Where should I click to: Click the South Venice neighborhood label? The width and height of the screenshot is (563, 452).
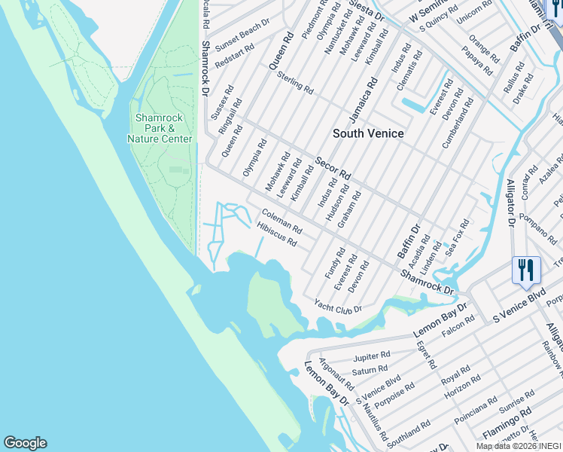(369, 133)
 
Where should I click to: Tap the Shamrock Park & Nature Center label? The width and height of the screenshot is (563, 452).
(160, 128)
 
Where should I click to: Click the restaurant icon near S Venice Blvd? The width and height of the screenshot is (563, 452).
(526, 270)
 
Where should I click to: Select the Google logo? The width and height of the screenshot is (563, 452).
(25, 443)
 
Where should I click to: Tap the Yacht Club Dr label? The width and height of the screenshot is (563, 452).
(338, 307)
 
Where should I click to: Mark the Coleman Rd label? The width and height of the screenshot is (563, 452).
(281, 221)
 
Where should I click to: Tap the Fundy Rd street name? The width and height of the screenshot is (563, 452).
(335, 263)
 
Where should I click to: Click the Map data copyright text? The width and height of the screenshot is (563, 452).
(519, 446)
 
